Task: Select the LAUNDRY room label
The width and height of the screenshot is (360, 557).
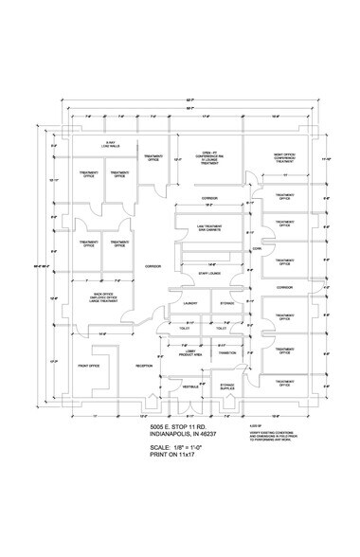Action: (x=190, y=304)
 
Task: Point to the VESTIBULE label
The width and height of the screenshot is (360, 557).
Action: (x=189, y=386)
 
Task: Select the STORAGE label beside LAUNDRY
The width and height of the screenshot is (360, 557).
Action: (x=227, y=304)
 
